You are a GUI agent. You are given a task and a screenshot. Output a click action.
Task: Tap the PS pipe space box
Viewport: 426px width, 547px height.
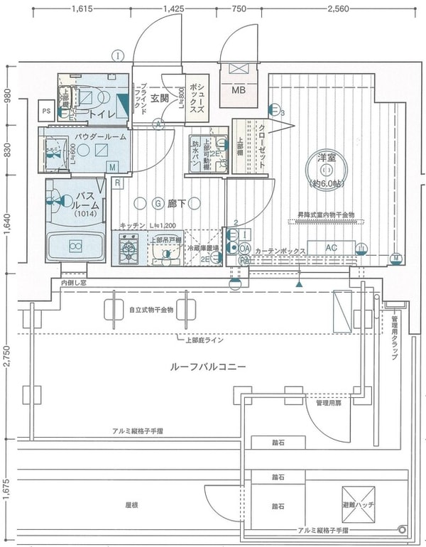pos(46,111)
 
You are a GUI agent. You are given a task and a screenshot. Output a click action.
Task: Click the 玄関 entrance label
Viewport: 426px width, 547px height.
pos(160,98)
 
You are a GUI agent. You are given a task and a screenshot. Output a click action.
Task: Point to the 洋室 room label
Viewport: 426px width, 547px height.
pos(327,156)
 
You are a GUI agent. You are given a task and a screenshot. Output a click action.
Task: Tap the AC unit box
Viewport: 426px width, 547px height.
pos(331,248)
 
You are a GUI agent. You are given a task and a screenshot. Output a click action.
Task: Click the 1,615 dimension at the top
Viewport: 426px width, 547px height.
pos(83,9)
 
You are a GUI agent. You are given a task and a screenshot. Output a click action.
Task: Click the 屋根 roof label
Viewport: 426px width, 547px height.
pos(131,505)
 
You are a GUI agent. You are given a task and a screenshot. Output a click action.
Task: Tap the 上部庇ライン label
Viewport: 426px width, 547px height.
pos(205,340)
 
